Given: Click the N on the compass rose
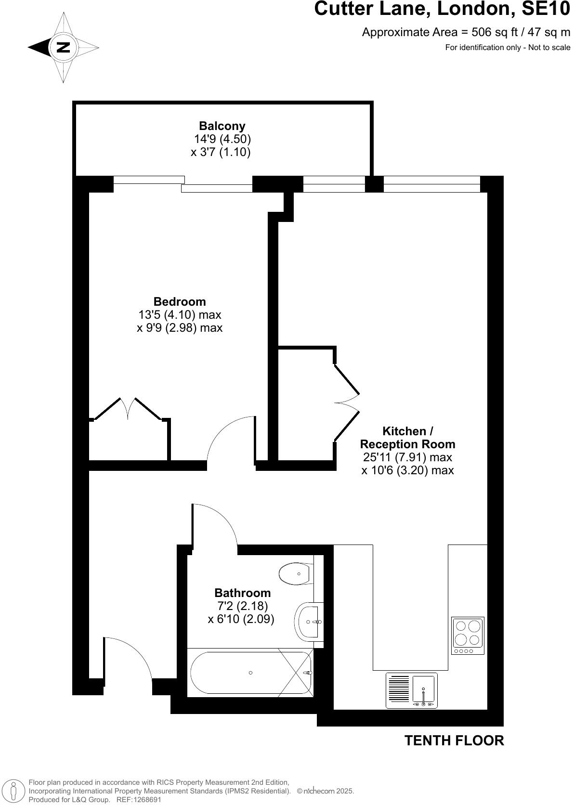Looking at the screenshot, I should [63, 47].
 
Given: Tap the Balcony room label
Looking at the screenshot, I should [222, 126].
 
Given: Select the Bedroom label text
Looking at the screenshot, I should [180, 302].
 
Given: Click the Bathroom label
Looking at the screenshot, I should [242, 593].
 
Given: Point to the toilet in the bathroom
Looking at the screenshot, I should [295, 574].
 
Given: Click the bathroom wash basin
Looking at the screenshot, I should [309, 622].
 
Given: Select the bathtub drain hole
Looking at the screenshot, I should [250, 673].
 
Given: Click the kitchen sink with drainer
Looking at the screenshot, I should [412, 690].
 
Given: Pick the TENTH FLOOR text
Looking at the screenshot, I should [454, 740].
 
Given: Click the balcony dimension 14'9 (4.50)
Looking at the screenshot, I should [222, 139].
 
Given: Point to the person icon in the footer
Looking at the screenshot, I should [14, 791].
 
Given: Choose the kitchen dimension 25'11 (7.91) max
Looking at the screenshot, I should [407, 457].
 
